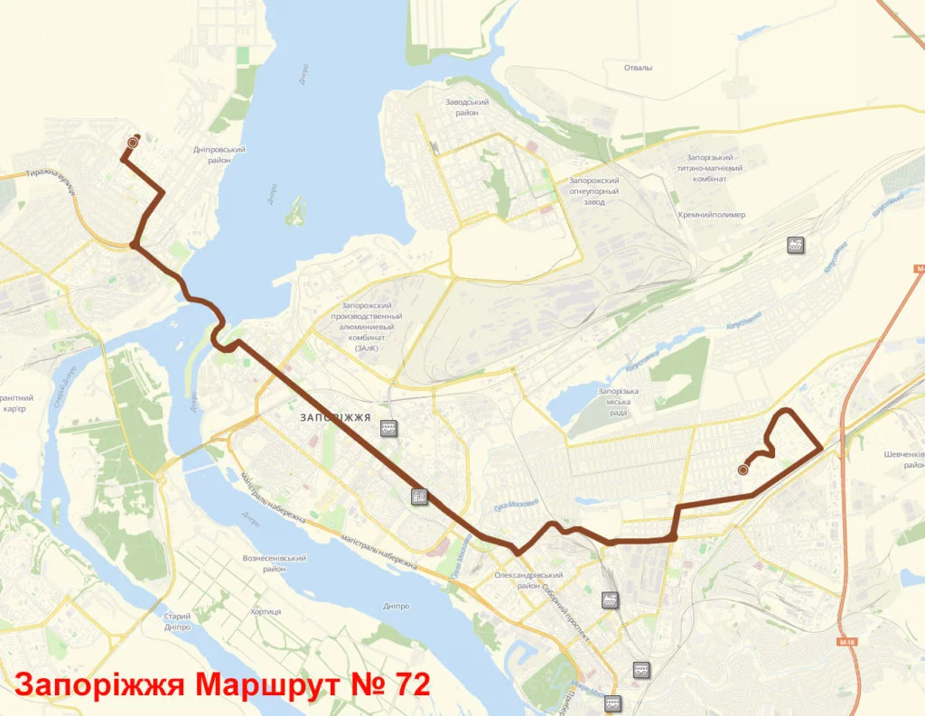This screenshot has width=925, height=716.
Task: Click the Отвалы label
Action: (638, 68)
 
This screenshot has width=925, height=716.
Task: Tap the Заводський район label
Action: (467, 107)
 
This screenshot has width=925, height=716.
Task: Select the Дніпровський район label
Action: (220, 155)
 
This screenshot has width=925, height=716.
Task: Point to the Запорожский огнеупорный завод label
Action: (593, 191)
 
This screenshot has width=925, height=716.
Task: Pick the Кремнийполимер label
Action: (712, 215)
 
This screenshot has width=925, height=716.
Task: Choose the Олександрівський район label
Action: (529, 580)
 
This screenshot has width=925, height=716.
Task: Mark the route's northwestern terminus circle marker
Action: (134, 142)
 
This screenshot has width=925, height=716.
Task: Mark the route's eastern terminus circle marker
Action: (743, 470)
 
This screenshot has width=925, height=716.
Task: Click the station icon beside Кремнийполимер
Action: (795, 245)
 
